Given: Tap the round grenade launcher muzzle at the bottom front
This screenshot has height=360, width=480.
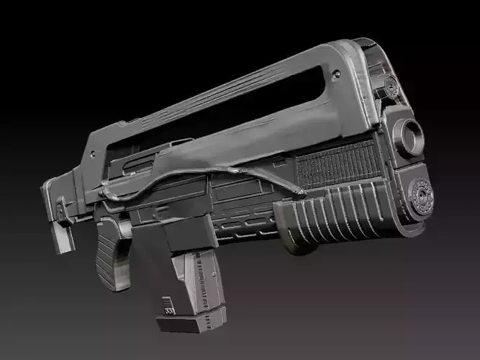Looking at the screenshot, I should pyautogui.click(x=420, y=194).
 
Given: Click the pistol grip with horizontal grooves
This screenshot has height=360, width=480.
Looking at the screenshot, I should pyautogui.click(x=110, y=251).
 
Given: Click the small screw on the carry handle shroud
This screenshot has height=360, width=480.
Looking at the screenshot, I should pyautogui.click(x=336, y=73).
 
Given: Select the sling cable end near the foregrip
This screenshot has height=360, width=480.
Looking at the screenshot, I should pyautogui.click(x=298, y=191).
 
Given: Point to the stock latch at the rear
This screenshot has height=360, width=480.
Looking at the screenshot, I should pyautogui.click(x=62, y=209).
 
